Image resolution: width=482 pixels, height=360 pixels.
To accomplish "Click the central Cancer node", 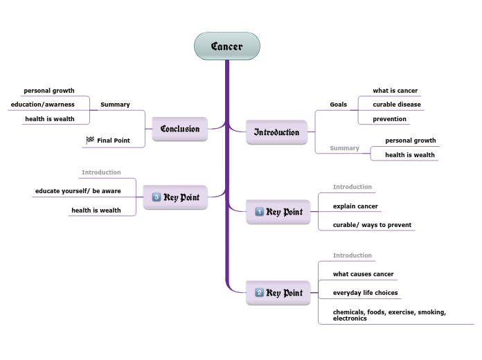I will coord(227,46).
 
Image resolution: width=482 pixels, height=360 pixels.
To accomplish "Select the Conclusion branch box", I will coord(179,129).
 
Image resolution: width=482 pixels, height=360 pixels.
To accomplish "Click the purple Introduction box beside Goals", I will coord(276,132).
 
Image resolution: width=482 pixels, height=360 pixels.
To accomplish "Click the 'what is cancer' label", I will coord(395,91).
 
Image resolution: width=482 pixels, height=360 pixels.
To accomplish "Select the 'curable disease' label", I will coord(396,105).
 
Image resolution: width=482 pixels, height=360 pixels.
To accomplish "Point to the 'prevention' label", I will coord(389,119).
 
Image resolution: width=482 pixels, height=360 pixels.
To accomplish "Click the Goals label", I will coord(338,105).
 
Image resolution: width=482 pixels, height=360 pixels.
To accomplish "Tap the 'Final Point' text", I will coord(113,141).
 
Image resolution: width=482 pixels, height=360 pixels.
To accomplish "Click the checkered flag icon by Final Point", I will coord(90,141).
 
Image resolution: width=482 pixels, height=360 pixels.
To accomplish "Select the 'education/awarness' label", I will coord(42,105).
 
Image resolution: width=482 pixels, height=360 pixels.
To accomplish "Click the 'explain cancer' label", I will coord(356,206).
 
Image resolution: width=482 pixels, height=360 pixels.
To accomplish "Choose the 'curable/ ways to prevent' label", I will coord(372,225).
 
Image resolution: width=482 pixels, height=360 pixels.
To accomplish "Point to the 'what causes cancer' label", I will coord(363,274).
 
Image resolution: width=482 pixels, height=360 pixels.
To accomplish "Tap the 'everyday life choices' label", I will coord(365,293).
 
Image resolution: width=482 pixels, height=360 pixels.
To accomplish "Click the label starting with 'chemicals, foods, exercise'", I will coord(389,315).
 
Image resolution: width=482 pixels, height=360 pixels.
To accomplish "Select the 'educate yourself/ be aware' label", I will coord(78,190).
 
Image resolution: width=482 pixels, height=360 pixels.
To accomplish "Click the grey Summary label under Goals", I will coord(344,148).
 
